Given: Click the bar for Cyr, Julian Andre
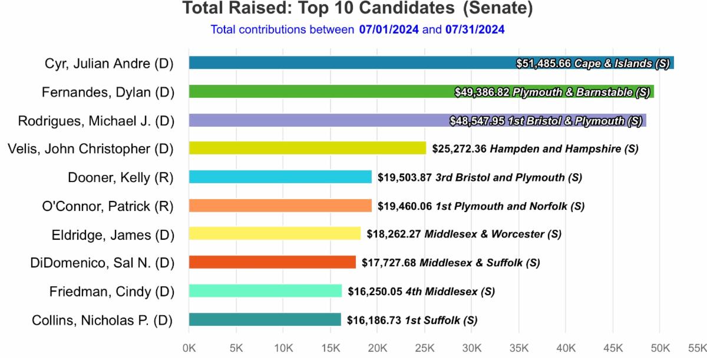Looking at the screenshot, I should click(353, 63).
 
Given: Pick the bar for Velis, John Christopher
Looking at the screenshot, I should click(307, 148).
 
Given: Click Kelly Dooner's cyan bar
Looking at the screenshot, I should click(280, 177).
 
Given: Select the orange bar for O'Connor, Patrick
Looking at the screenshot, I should click(280, 206).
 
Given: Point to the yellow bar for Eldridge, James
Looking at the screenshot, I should click(275, 234).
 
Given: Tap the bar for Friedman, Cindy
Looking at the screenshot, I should click(265, 291).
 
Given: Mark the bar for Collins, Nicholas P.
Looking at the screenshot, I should click(265, 319).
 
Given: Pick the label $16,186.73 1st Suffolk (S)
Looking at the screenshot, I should click(412, 321).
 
